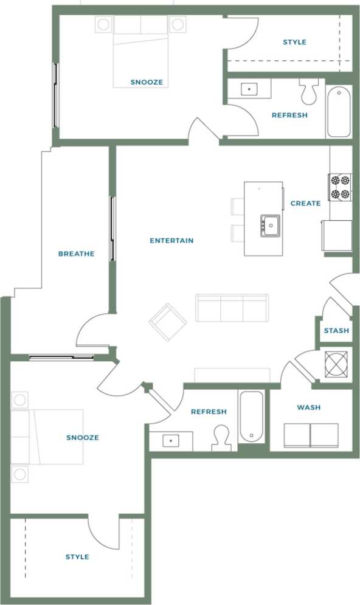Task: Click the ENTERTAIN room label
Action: [171, 241]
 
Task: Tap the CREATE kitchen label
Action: [305, 203]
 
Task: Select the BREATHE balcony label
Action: [76, 254]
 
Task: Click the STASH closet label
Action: [336, 331]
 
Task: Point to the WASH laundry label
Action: [308, 407]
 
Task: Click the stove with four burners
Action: [341, 187]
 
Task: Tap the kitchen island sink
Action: [270, 225]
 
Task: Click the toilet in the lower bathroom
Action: [221, 437]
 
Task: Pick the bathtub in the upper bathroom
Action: [338, 111]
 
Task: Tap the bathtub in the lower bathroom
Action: [251, 417]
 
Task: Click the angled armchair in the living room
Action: [168, 322]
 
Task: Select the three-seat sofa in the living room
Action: [232, 308]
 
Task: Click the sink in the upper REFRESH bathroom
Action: [249, 89]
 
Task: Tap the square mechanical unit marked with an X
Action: [335, 365]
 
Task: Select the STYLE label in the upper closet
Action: [294, 42]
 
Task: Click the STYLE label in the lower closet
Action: [77, 557]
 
